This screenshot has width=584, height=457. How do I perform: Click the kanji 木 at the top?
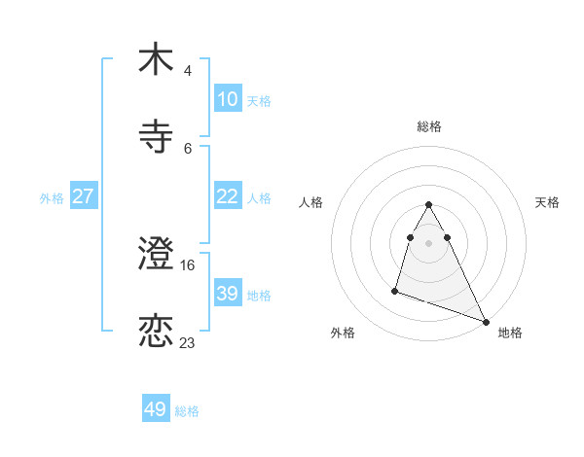click(x=156, y=59)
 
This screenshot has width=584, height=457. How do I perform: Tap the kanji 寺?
click(x=156, y=136)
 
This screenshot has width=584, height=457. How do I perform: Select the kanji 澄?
click(x=156, y=254)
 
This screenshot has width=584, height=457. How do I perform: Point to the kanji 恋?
click(x=156, y=331)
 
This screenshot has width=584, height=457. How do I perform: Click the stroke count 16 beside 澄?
click(x=189, y=264)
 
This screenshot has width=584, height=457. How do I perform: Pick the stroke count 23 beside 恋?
click(x=188, y=342)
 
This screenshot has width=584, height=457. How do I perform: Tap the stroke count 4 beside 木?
click(x=188, y=70)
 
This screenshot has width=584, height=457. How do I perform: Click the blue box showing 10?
click(x=227, y=99)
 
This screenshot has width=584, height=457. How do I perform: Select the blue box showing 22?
click(x=227, y=196)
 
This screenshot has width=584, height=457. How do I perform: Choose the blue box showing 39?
click(x=227, y=294)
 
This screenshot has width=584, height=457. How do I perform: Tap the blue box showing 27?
click(x=83, y=196)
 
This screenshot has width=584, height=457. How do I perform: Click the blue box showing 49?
click(x=156, y=409)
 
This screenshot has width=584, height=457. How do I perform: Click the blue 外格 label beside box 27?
click(x=52, y=197)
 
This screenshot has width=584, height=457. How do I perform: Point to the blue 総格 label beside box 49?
click(x=187, y=410)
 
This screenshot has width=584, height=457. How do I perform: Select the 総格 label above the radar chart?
click(x=429, y=126)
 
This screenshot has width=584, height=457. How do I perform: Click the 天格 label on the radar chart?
click(x=547, y=202)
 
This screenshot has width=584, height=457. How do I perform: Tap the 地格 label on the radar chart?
click(x=510, y=333)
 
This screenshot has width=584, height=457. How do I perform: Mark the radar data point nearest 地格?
click(x=486, y=321)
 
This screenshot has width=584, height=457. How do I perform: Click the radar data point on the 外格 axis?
click(x=395, y=290)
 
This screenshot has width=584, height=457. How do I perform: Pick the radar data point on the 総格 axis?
click(x=429, y=205)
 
